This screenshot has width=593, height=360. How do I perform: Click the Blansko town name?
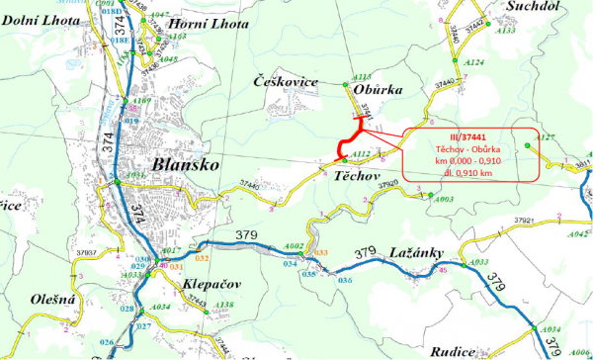185,163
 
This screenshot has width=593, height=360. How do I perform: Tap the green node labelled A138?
208,309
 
